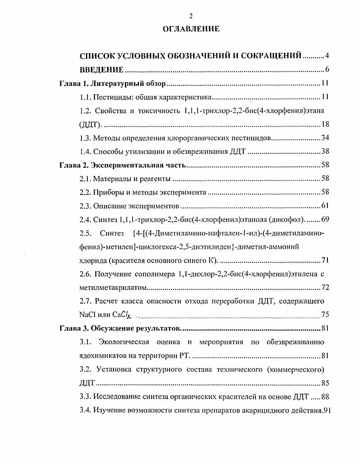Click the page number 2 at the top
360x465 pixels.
click(191, 16)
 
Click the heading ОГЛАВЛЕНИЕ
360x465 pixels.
click(191, 29)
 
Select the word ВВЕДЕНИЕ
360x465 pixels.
click(102, 70)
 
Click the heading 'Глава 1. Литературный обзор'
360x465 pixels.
click(114, 84)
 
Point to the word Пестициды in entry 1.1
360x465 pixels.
click(109, 97)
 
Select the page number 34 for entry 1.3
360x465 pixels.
click(324, 138)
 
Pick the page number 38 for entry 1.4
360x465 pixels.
click(324, 152)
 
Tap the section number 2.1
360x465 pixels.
click(85, 179)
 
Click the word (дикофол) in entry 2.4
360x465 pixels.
click(288, 220)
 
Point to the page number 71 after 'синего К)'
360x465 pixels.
click(324, 261)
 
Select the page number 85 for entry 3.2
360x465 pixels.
click(324, 383)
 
